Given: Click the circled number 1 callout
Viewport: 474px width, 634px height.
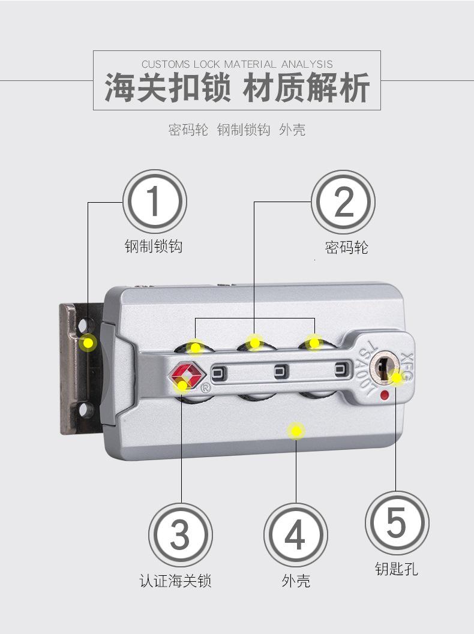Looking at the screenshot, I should pyautogui.click(x=154, y=202).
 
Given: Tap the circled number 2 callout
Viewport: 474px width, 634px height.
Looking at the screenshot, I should pyautogui.click(x=344, y=202).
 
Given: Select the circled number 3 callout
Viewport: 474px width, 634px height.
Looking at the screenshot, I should pyautogui.click(x=181, y=534).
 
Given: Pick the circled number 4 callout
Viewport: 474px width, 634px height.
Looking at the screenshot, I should pyautogui.click(x=295, y=534).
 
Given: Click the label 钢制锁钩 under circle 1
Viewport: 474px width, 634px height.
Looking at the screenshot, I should pyautogui.click(x=154, y=246).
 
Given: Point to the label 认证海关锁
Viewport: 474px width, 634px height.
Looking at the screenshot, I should pyautogui.click(x=175, y=581).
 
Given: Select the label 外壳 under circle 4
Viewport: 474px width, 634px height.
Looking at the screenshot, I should pyautogui.click(x=296, y=581).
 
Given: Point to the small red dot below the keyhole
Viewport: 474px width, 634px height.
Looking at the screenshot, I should pyautogui.click(x=385, y=394).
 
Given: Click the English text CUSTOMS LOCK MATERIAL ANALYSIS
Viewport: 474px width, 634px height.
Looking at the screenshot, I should pyautogui.click(x=237, y=64).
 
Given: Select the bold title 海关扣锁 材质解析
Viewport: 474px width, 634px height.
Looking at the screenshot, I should pyautogui.click(x=237, y=88).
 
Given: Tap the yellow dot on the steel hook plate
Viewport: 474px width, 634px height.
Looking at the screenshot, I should pyautogui.click(x=89, y=343).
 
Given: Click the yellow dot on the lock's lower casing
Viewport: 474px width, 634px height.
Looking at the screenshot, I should pyautogui.click(x=295, y=430).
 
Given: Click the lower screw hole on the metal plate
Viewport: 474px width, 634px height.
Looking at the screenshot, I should pyautogui.click(x=87, y=410).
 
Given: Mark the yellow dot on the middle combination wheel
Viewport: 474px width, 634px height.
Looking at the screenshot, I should pyautogui.click(x=255, y=342).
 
